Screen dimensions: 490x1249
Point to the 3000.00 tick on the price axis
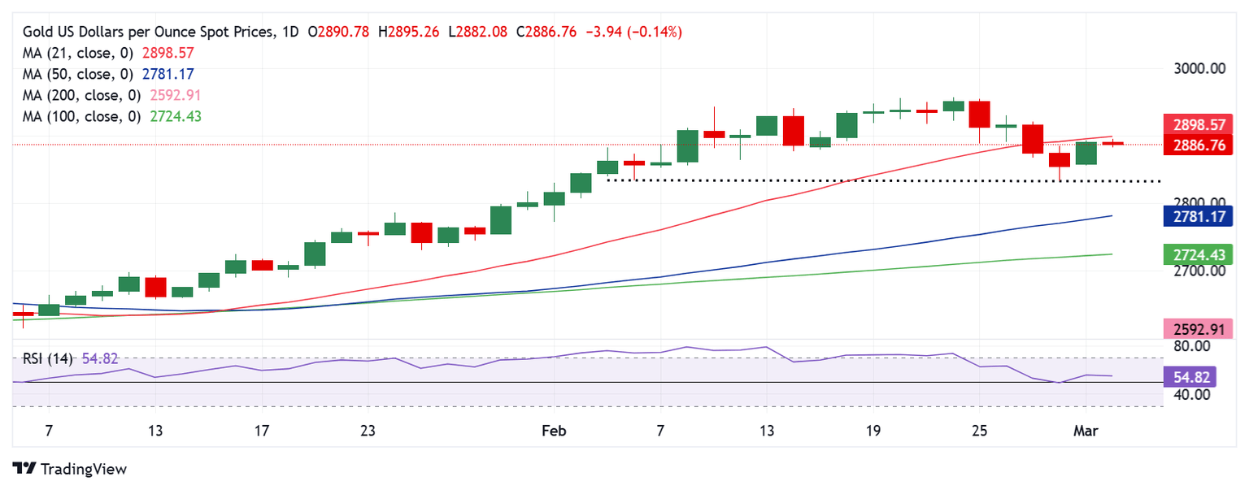[1198, 68]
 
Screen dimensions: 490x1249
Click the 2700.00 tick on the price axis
[1198, 271]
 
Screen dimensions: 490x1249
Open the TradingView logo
[71, 469]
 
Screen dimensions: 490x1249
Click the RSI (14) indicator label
[48, 358]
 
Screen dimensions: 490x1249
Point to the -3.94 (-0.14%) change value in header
[633, 32]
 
